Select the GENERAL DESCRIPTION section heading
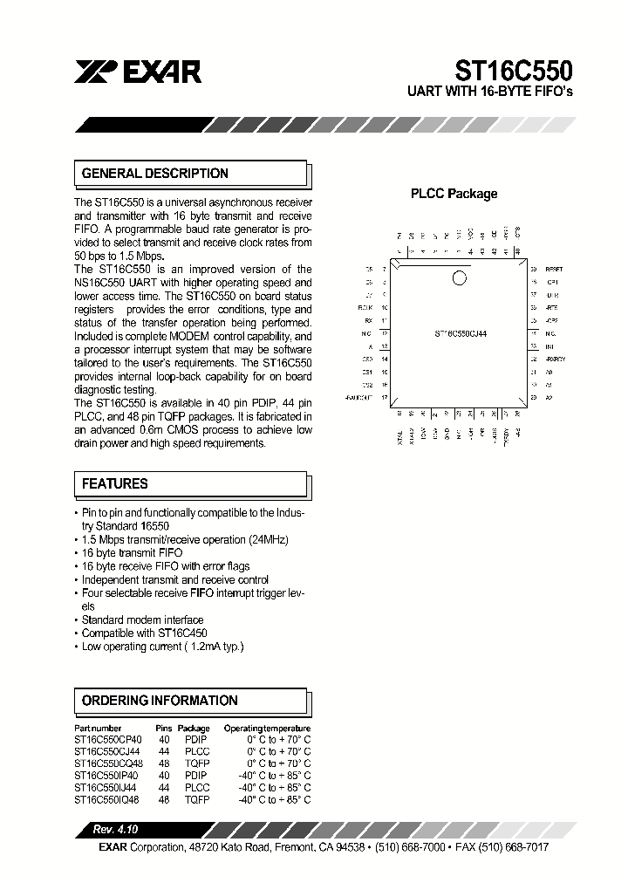154,174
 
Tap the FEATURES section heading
114,483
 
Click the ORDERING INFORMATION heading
159,701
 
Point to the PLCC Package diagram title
454,194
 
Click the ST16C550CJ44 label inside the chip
460,333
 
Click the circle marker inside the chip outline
459,278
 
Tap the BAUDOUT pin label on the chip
358,398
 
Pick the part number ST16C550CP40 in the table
108,738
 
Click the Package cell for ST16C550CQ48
195,761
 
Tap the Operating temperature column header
266,728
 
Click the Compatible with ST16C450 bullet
144,633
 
